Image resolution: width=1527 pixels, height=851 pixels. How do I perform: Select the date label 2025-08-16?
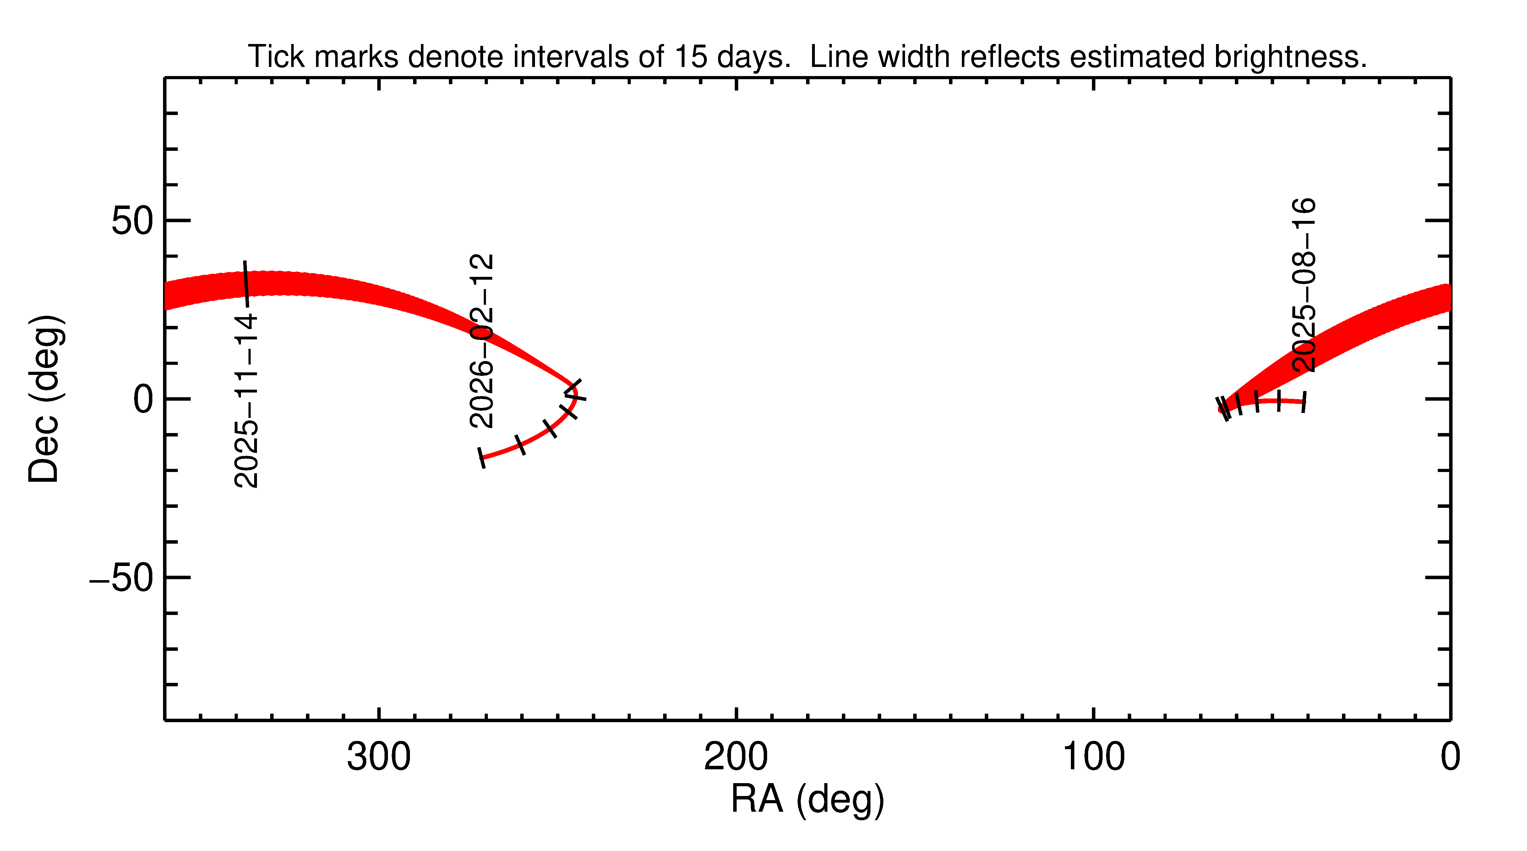click(x=1304, y=285)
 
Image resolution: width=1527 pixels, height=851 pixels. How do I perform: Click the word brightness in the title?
click(x=1290, y=57)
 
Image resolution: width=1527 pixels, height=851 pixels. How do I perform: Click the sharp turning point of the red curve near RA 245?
click(x=574, y=391)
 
